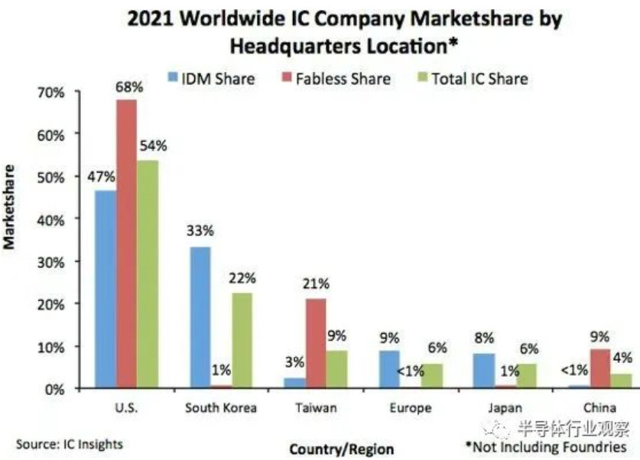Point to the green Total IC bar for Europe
pyautogui.click(x=434, y=376)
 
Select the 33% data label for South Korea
pyautogui.click(x=200, y=231)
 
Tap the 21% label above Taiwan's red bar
pyautogui.click(x=316, y=283)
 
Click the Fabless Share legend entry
pyautogui.click(x=337, y=78)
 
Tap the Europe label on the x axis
pyautogui.click(x=411, y=407)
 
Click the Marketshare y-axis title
pyautogui.click(x=10, y=206)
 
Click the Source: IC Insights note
pyautogui.click(x=69, y=443)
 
